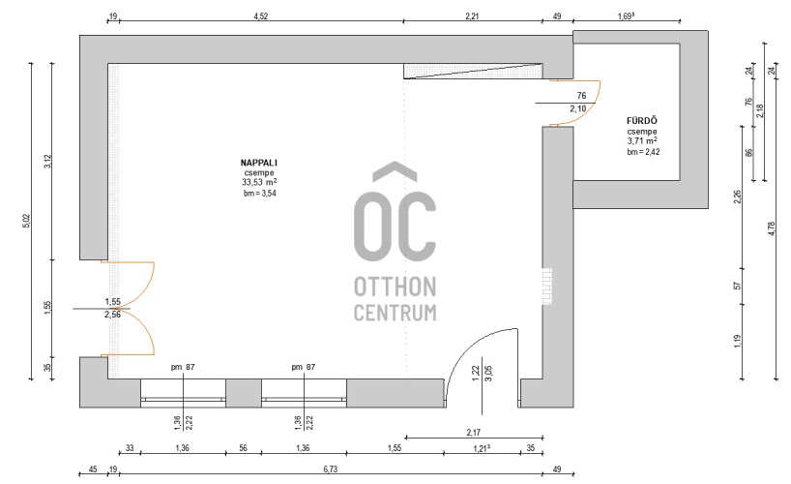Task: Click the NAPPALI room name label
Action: click(259, 163)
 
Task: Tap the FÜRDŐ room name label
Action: click(642, 120)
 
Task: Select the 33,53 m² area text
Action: click(259, 182)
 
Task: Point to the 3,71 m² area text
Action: click(642, 141)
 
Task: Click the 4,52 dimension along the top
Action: click(261, 16)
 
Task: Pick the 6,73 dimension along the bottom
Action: click(331, 469)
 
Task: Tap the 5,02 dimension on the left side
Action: click(27, 221)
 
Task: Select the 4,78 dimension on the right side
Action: click(772, 228)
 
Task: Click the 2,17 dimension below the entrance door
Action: click(473, 433)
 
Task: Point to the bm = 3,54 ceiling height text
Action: click(260, 193)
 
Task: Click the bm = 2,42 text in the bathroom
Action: click(643, 152)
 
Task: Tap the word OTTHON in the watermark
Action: click(395, 287)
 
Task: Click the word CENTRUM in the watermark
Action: click(395, 313)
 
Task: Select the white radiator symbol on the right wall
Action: click(547, 287)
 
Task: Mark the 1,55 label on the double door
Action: click(112, 302)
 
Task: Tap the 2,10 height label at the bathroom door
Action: click(578, 108)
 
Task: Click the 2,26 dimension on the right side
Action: click(738, 197)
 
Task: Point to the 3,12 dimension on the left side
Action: click(48, 162)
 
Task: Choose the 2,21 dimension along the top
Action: click(472, 16)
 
